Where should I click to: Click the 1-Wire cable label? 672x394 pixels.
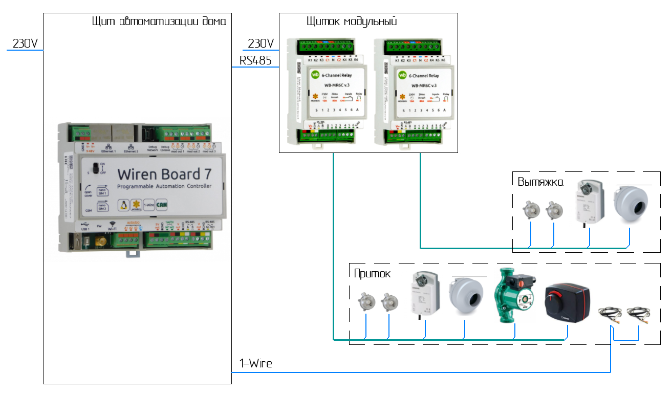[256, 364]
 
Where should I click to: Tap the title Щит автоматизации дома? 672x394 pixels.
[158, 22]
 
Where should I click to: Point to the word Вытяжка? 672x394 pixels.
[540, 182]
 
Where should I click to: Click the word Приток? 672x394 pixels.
[372, 274]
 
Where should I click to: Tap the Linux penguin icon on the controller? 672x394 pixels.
[123, 205]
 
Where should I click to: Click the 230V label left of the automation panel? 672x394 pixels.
[25, 44]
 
